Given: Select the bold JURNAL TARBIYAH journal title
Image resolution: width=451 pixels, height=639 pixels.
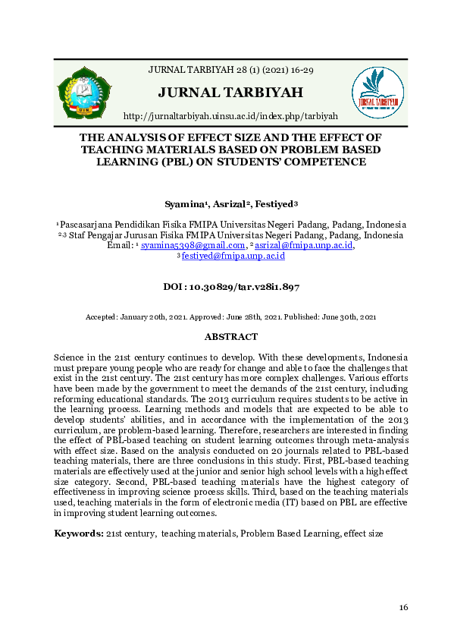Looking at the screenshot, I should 230,93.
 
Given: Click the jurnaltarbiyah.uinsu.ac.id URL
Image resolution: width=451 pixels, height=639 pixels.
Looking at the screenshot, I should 230,115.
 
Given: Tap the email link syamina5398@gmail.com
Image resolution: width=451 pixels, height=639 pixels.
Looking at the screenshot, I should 193,245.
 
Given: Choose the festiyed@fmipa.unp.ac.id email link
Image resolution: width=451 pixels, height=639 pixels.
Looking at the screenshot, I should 233,257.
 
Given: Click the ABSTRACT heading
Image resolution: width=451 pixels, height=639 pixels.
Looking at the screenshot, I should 231,336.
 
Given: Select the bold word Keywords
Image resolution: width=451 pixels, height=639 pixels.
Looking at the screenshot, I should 78,534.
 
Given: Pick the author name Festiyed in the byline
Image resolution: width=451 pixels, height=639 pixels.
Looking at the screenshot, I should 274,205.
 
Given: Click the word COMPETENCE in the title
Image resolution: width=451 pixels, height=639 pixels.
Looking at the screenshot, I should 323,161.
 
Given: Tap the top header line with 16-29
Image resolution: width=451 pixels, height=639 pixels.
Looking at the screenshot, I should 230,70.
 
